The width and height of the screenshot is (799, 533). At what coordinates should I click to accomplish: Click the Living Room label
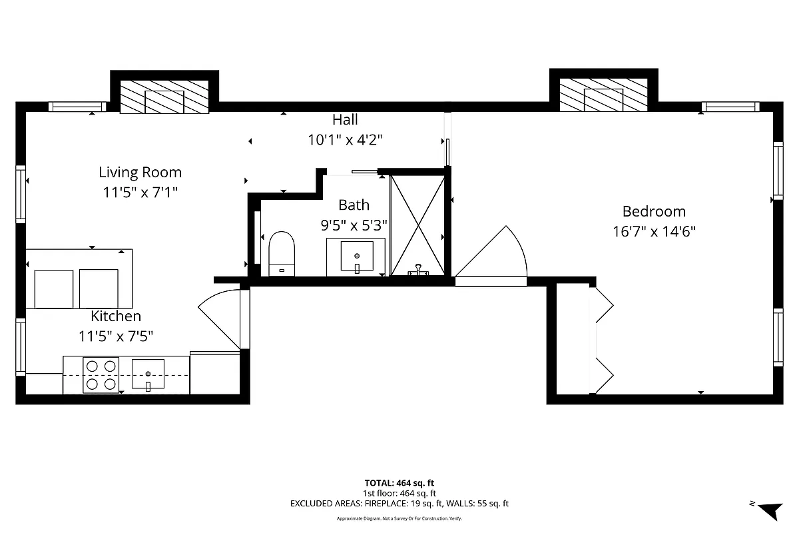pos(140,173)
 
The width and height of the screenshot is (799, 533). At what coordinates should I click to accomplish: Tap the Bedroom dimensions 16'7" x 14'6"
pos(654,232)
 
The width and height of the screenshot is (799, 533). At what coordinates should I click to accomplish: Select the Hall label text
pos(345,120)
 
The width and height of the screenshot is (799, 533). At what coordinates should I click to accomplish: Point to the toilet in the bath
pos(282,253)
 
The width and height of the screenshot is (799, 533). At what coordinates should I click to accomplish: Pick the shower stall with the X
pos(417,225)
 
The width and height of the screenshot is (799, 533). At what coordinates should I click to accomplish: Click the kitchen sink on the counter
pos(148,374)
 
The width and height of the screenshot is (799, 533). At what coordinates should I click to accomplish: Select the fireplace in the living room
pos(164,97)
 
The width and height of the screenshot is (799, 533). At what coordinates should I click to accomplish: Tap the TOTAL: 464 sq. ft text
pos(400,483)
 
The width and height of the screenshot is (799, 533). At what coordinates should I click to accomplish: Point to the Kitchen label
pos(116,316)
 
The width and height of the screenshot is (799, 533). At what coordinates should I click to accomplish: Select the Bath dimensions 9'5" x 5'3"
pos(354,225)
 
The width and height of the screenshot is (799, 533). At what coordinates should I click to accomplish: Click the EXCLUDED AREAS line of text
pos(400,504)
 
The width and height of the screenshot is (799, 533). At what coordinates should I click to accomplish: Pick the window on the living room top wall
pos(77,107)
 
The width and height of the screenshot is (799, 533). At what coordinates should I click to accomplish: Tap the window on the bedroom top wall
pos(730,107)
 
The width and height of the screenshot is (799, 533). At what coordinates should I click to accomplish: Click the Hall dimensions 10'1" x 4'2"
pos(345,140)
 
